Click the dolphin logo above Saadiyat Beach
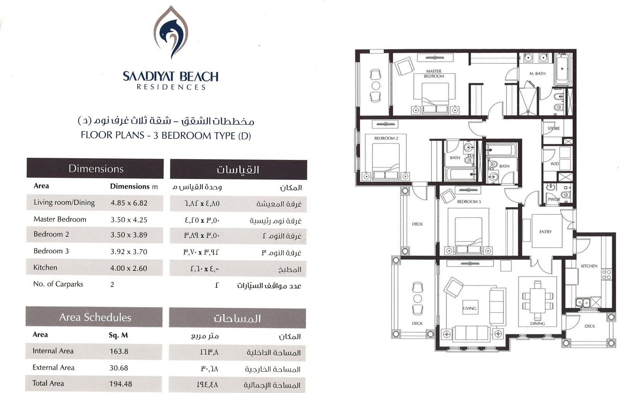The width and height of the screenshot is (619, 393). (x=171, y=32)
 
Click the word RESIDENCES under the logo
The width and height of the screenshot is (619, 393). (x=171, y=87)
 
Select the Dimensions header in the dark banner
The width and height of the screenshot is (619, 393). (x=96, y=169)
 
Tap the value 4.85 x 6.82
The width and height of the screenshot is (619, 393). (x=129, y=203)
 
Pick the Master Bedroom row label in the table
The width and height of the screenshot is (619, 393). (x=60, y=219)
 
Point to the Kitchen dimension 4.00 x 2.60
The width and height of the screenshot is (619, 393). (x=129, y=268)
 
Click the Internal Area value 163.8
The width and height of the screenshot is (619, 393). (x=119, y=351)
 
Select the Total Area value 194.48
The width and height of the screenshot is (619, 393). (x=121, y=384)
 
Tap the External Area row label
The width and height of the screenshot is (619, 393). (x=54, y=367)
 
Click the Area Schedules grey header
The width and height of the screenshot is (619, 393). (x=95, y=317)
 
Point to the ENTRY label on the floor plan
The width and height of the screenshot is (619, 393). (x=545, y=232)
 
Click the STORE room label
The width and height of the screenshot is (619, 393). (x=554, y=128)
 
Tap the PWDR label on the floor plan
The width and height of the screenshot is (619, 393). (x=554, y=199)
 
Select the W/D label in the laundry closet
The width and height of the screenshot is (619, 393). (x=555, y=164)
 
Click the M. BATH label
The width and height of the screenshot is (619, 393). (x=537, y=73)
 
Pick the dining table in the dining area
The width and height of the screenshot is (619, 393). (x=537, y=301)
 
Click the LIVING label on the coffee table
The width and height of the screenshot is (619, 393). (x=470, y=308)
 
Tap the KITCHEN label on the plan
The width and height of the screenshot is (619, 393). (x=589, y=266)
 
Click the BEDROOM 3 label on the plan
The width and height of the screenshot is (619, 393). (x=469, y=202)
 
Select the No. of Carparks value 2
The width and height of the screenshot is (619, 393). (x=112, y=285)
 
